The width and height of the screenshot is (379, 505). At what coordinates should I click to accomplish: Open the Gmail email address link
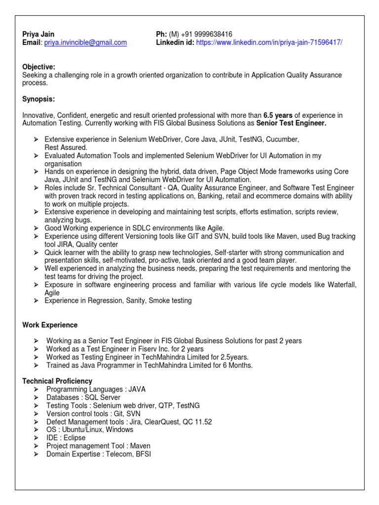point(85,43)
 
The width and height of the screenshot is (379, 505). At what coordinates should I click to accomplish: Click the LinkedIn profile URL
point(269,43)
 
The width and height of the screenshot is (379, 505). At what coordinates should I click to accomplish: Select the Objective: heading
point(39,67)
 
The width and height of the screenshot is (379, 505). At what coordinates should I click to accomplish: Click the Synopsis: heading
point(38,99)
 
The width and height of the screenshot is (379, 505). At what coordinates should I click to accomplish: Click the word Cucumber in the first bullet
point(283,140)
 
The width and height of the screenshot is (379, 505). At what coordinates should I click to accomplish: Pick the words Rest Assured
point(66,147)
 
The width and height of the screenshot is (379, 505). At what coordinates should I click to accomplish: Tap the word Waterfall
point(339,285)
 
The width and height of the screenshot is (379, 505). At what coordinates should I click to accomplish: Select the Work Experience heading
point(50,325)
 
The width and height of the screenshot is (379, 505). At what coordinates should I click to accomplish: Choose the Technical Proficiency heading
point(57,381)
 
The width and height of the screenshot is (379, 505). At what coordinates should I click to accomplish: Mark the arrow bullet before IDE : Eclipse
point(36,438)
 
